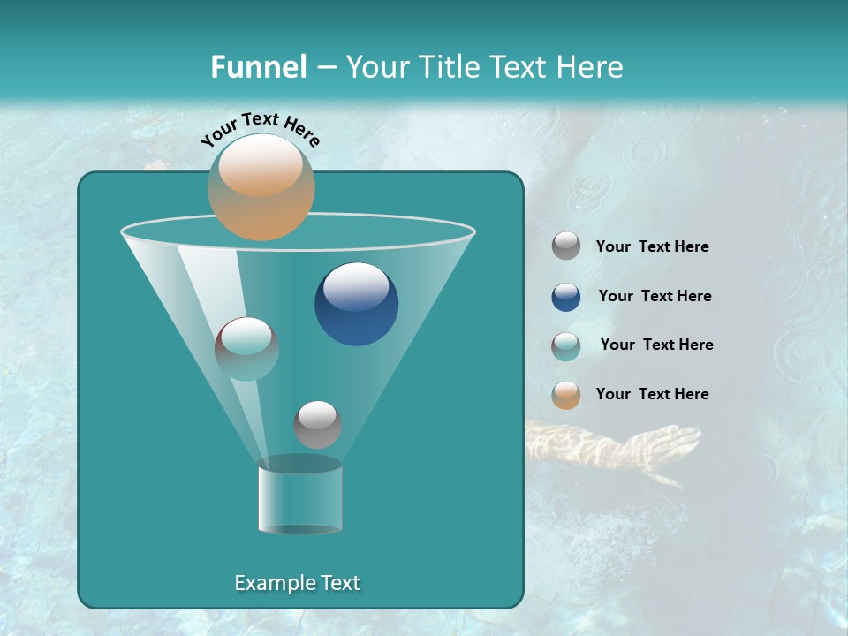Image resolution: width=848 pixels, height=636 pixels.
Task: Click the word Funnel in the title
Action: pos(258,67)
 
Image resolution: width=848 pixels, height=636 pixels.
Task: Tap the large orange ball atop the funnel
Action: pos(261,186)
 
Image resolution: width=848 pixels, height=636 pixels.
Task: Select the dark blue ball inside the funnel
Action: pos(357,304)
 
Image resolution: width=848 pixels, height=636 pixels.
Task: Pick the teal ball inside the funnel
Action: pos(246,348)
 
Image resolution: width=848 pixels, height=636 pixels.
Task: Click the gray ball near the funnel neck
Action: pos(317,424)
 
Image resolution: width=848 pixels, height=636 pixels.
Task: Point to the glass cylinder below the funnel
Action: pos(300,496)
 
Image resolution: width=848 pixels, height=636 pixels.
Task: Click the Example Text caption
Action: pos(297,583)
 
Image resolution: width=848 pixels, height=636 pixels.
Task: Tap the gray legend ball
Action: pos(566,246)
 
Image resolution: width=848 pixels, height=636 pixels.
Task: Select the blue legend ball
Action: pos(566,297)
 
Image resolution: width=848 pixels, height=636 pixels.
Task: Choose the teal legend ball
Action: pos(566,346)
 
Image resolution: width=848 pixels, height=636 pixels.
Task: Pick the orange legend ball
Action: pos(566,395)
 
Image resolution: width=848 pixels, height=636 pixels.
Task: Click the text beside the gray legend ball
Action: pos(652,247)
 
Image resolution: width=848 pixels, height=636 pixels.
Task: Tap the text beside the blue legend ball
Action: pos(655,297)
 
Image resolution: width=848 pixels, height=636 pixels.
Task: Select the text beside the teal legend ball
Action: pos(656,345)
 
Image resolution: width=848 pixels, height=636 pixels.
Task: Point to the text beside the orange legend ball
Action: pos(652,394)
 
